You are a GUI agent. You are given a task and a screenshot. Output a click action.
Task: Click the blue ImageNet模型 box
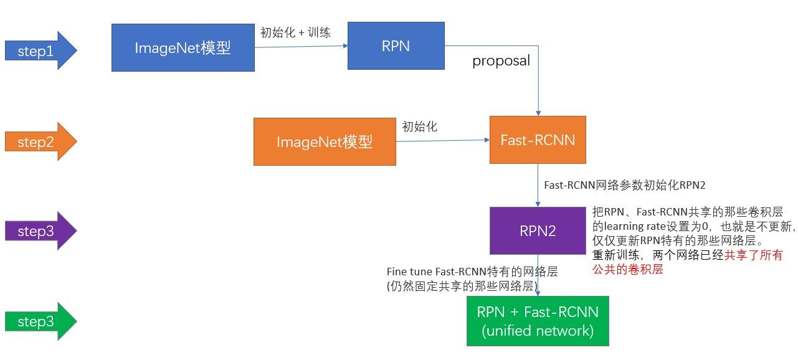click(183, 48)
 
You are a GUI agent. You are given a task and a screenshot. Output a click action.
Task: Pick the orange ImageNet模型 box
click(324, 142)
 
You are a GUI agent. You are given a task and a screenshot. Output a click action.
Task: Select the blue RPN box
click(396, 45)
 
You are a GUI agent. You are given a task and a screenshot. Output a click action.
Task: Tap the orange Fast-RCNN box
click(538, 140)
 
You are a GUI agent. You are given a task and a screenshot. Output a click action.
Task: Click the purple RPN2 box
click(538, 231)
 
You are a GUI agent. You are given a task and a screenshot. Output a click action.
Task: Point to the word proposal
click(501, 61)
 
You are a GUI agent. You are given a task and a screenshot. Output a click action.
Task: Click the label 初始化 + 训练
click(295, 33)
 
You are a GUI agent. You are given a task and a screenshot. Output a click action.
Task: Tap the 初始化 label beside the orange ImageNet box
click(420, 127)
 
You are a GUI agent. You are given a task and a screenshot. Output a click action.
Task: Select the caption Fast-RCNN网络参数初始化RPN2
click(624, 185)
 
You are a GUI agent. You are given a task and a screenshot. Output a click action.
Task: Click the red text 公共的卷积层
click(627, 270)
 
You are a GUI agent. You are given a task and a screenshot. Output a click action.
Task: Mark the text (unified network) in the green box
click(538, 331)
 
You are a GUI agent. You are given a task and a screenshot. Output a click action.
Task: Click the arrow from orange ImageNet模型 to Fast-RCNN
click(442, 141)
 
